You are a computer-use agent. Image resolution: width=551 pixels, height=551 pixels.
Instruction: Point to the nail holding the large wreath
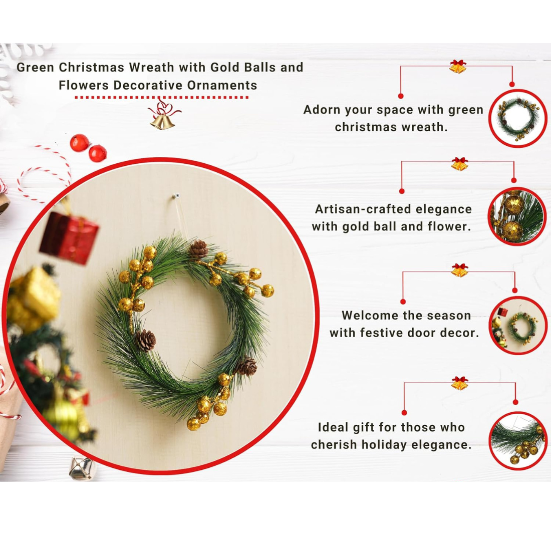click(x=176, y=195)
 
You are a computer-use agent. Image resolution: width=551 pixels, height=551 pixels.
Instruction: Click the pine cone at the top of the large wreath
click(x=198, y=248)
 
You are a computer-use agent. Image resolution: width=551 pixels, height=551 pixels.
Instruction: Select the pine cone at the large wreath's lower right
click(x=247, y=367)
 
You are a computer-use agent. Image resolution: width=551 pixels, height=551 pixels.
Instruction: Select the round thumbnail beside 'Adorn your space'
click(x=517, y=118)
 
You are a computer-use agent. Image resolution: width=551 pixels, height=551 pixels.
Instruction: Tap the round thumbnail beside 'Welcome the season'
click(x=517, y=326)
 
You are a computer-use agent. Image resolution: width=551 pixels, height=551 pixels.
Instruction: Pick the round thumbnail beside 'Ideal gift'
click(x=517, y=441)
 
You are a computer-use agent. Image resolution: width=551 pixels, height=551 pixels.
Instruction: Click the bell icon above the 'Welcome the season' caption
click(x=459, y=270)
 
